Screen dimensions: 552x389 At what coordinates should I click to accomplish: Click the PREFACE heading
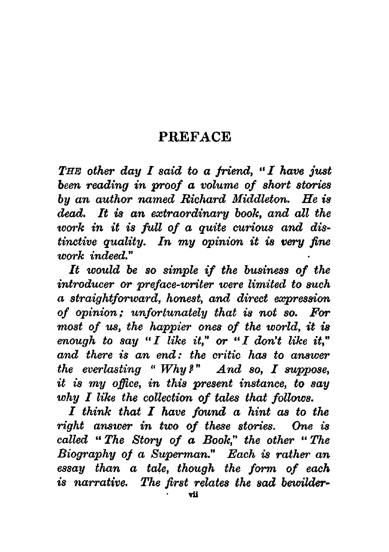(194, 137)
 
